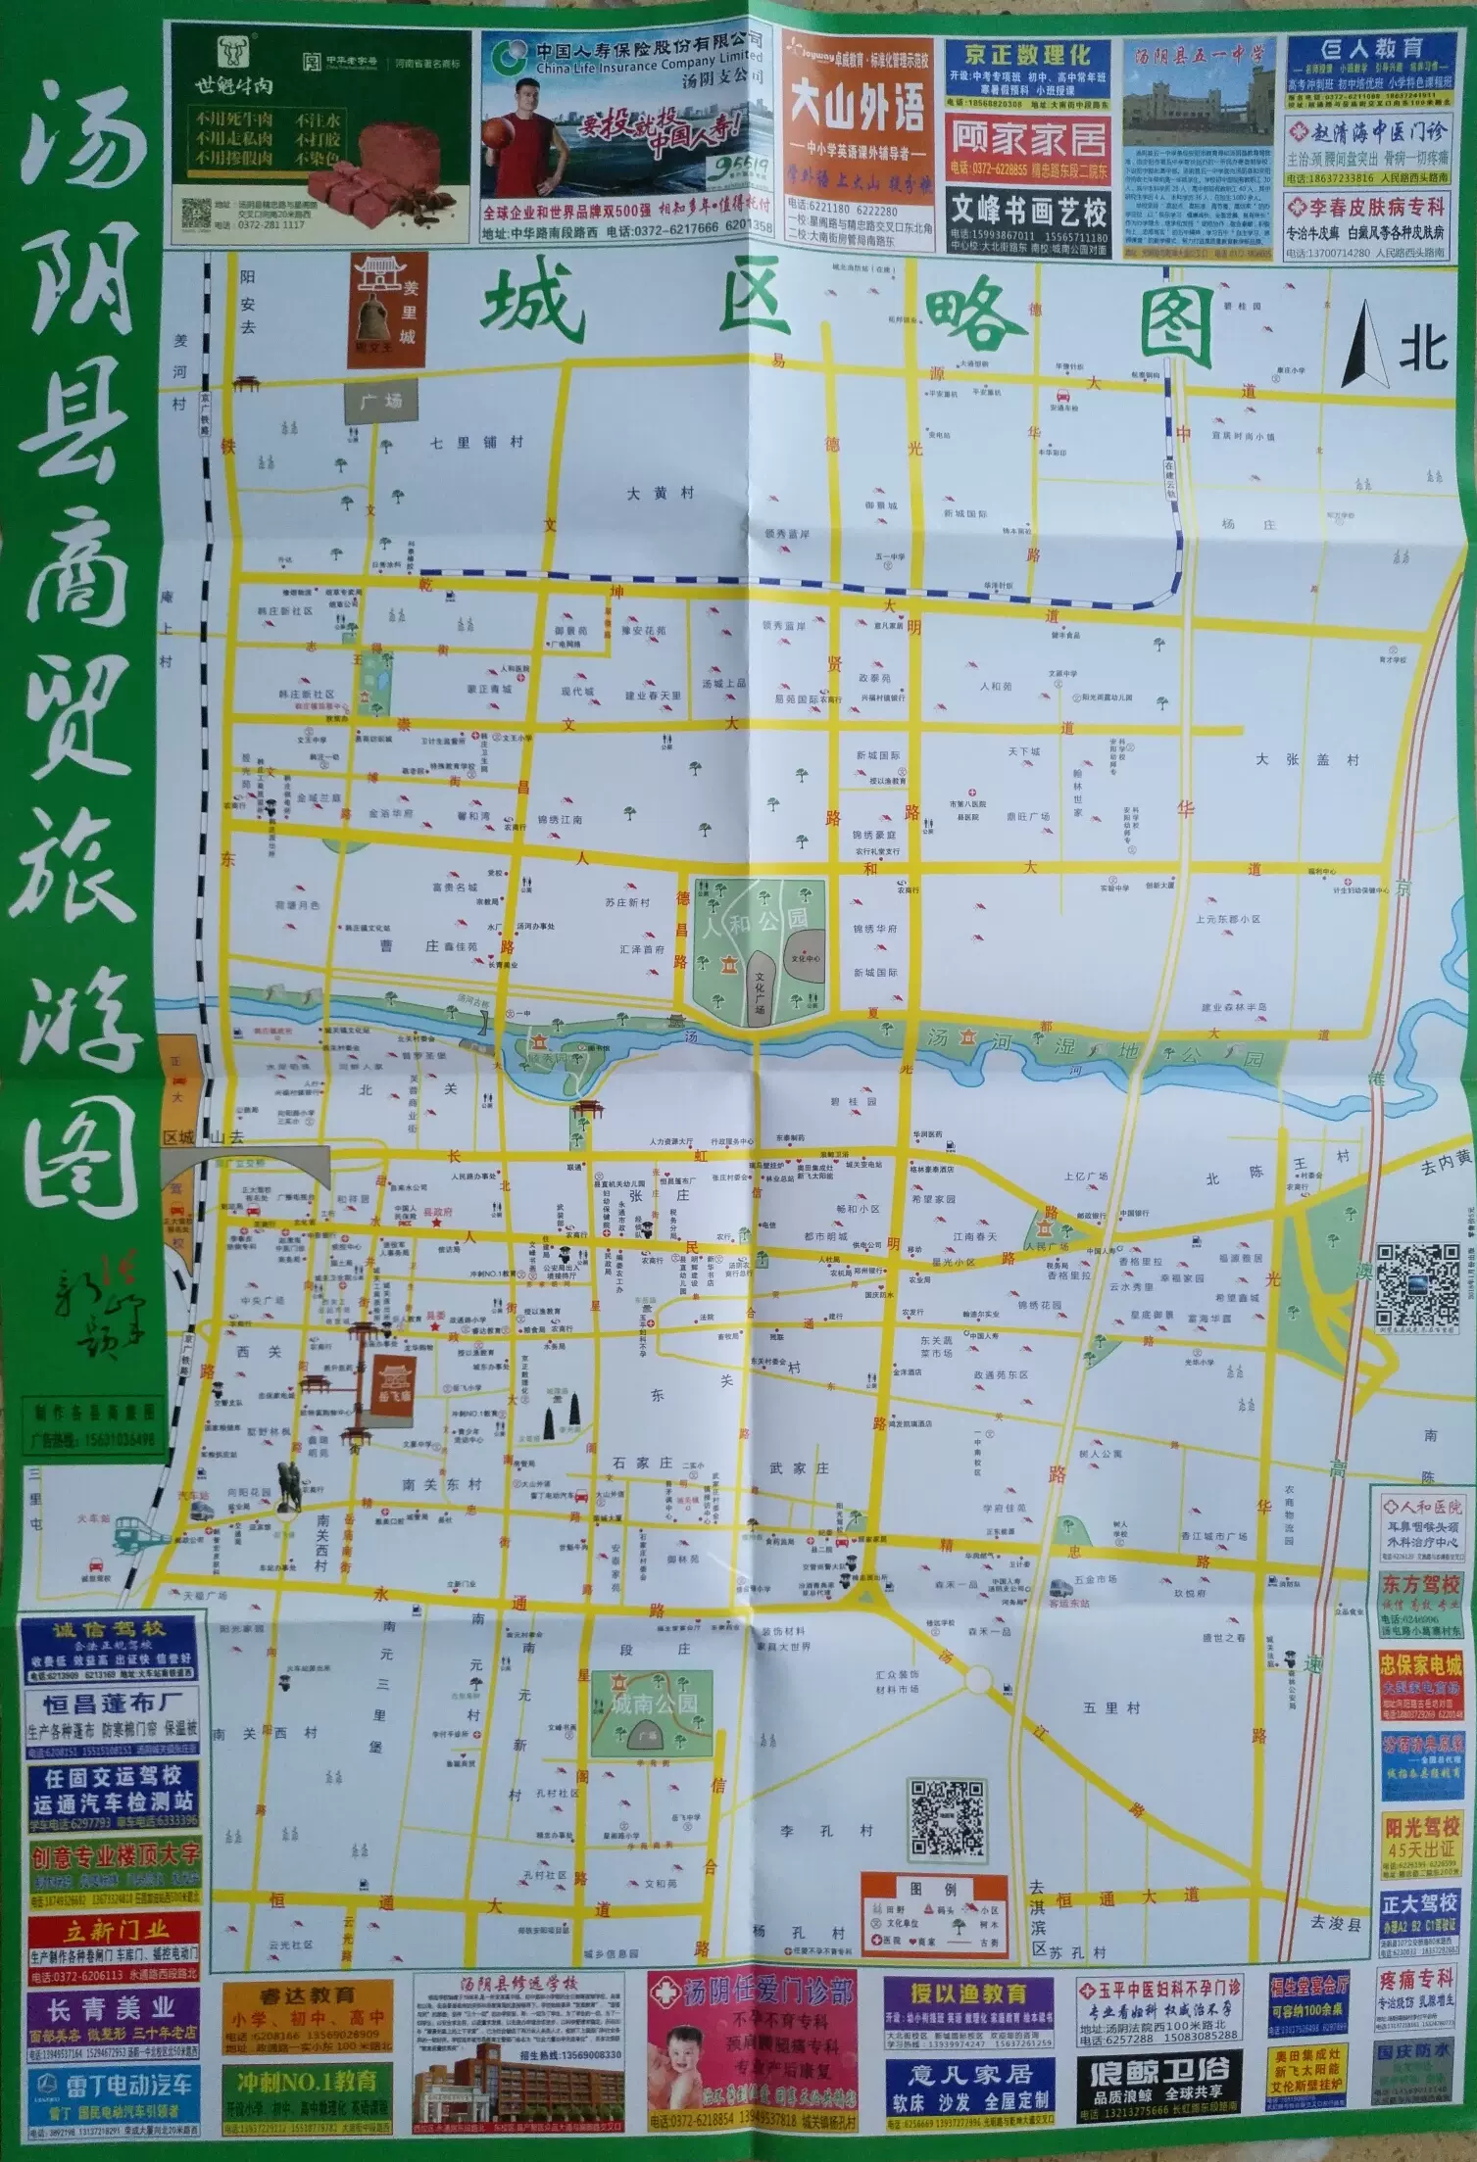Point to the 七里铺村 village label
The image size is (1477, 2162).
(x=477, y=442)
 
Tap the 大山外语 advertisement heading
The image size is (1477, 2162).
(x=857, y=110)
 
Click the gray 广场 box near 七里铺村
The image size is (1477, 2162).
(x=380, y=402)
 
